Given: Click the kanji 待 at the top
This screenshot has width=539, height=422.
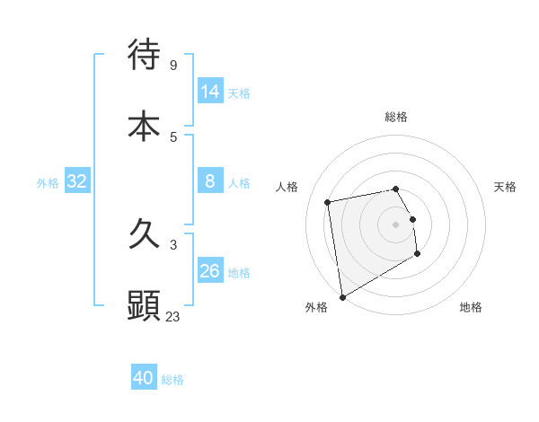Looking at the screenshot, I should click(144, 54).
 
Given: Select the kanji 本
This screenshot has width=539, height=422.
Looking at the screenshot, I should click(144, 126).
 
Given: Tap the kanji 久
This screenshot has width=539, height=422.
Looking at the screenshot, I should click(144, 235).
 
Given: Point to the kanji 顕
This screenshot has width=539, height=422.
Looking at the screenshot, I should click(144, 305).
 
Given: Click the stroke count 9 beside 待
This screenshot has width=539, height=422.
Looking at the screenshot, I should click(173, 65).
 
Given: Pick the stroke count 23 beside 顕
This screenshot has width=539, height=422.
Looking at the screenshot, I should click(173, 316).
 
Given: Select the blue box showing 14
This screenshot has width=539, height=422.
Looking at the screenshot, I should click(210, 92).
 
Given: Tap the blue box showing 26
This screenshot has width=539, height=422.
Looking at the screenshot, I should click(210, 272).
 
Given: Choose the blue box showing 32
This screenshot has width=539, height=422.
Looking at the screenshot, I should click(76, 182).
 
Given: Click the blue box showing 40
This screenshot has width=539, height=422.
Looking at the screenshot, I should click(144, 378).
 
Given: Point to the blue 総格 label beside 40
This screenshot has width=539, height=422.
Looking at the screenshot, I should click(172, 380).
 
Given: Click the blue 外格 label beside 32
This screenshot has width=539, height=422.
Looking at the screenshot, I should click(48, 183).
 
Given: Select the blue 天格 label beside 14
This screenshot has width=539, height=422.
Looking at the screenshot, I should click(239, 93).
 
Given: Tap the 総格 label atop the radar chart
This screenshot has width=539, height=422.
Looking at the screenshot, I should click(395, 117).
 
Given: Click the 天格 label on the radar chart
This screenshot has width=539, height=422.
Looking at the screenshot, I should click(505, 187).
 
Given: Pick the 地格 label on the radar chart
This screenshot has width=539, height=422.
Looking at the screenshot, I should click(471, 307).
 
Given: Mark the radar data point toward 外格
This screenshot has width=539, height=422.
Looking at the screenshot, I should click(342, 296).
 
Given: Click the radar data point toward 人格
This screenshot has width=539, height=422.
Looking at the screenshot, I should click(328, 201).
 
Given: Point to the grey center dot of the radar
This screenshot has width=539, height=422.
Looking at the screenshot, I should click(395, 224).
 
